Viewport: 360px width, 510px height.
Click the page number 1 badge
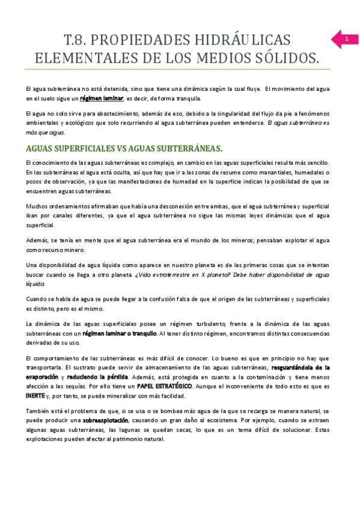(346, 39)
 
